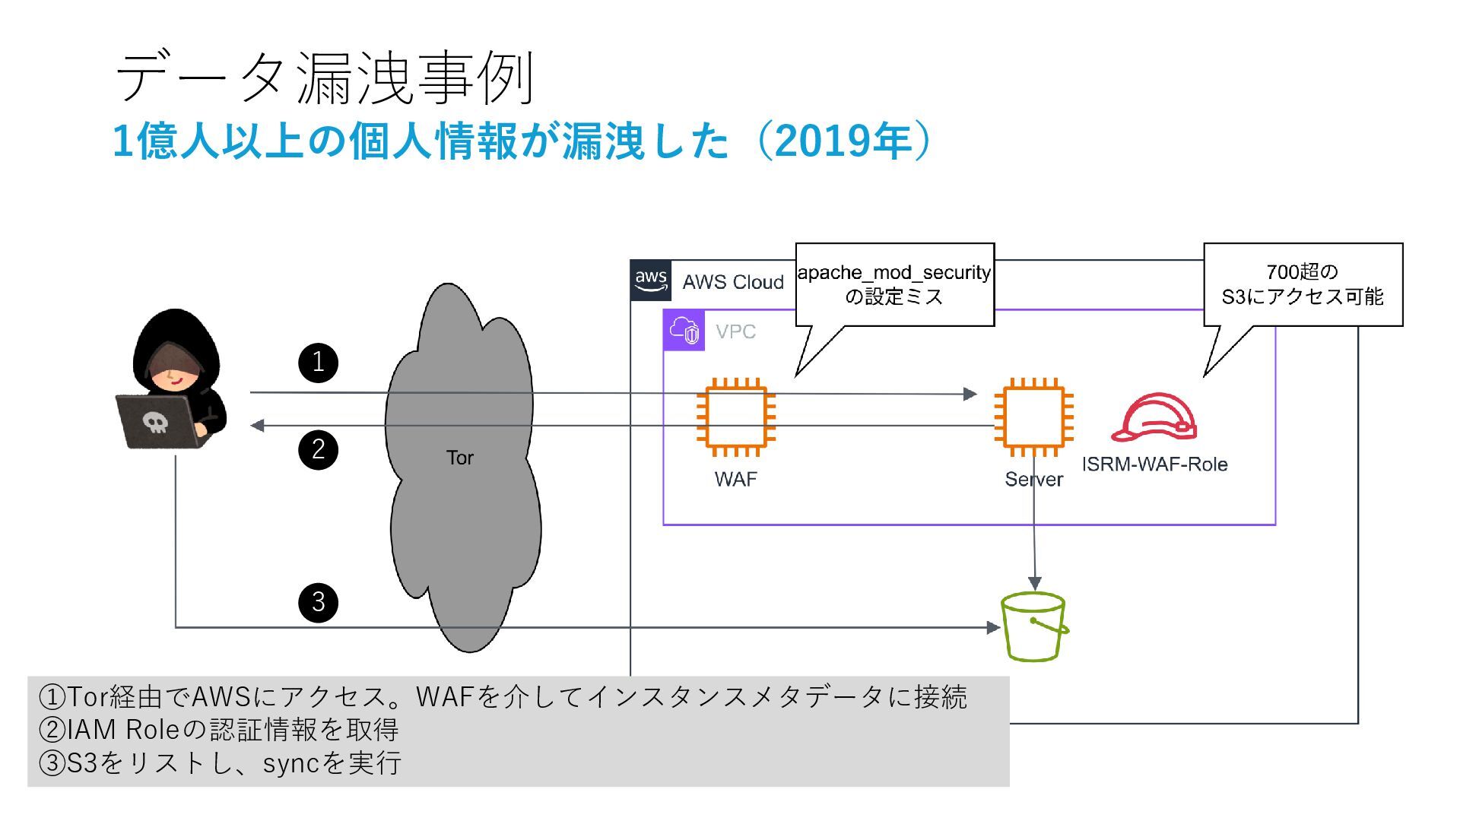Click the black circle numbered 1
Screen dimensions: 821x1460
pos(318,362)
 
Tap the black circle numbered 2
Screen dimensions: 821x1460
pos(318,449)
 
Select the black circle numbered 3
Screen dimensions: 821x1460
pos(318,602)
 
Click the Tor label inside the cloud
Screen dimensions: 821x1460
pos(459,458)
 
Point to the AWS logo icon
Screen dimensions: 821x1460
pos(651,281)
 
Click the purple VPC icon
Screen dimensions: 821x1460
pos(684,331)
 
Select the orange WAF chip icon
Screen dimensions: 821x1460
pos(735,417)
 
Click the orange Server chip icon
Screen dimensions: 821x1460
pos(1033,417)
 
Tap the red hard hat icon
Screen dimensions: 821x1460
pos(1154,417)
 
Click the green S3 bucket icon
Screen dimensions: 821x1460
pos(1033,628)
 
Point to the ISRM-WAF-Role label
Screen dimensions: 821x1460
pos(1154,464)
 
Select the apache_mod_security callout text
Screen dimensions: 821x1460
pos(894,284)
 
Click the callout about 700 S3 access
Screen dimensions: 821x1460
pos(1303,284)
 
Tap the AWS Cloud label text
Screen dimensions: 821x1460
pos(733,282)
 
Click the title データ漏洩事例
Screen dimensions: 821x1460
pos(325,78)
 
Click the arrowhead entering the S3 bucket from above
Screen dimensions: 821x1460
pos(1034,584)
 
